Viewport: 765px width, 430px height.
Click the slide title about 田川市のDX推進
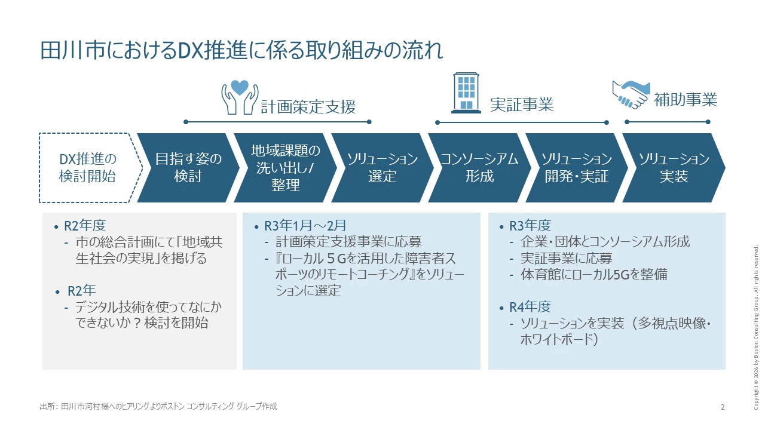(241, 50)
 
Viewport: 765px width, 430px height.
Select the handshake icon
(630, 94)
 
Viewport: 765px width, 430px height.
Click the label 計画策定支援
(308, 107)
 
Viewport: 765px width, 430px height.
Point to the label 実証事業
(522, 105)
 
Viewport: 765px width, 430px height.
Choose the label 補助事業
(686, 99)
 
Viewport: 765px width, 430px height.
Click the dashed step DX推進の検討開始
(88, 168)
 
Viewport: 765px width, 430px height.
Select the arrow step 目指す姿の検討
(188, 168)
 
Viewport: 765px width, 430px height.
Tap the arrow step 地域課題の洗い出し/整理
(285, 168)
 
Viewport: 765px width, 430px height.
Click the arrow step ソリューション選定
(382, 168)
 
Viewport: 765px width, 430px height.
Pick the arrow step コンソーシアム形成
(479, 168)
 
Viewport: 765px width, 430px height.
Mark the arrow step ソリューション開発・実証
(577, 168)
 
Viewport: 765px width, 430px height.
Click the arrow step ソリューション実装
(674, 168)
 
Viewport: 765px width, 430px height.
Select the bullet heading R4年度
(530, 307)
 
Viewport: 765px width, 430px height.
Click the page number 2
(723, 407)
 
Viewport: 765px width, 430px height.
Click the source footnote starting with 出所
(158, 407)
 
